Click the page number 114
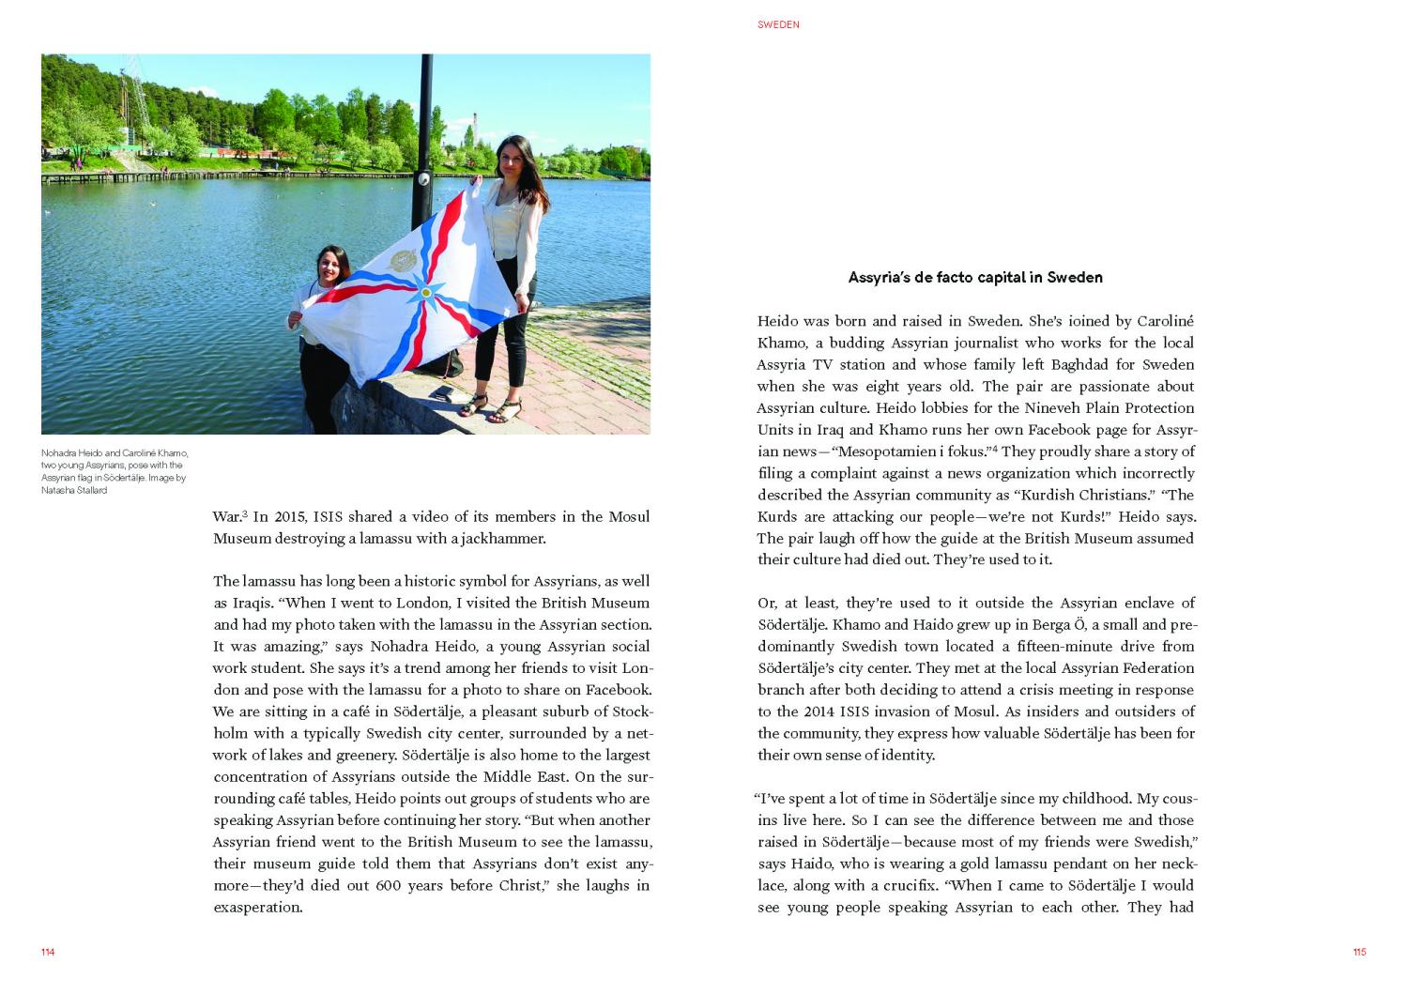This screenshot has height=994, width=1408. point(48,952)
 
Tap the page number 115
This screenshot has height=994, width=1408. point(1359,952)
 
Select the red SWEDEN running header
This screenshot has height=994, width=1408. point(778,24)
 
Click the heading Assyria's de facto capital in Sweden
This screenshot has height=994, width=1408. point(975,277)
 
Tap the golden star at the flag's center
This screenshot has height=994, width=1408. point(426,292)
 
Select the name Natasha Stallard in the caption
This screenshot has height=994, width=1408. point(74,490)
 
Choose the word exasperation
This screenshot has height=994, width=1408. point(258,907)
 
